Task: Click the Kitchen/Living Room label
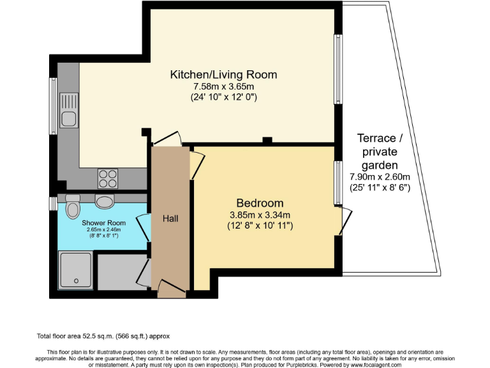pos(223,75)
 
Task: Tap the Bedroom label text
pos(260,203)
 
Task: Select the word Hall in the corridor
pos(170,218)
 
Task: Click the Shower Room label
pos(103,223)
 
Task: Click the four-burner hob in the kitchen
pos(107,178)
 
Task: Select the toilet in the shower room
pos(73,207)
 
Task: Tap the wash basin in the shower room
pos(104,201)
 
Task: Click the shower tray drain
pos(77,280)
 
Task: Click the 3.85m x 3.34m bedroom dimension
pos(260,215)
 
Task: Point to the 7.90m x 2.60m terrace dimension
pos(380,177)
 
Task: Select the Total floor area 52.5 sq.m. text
pos(103,335)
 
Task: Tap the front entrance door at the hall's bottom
pos(172,289)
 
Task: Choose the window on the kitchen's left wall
pos(54,106)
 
